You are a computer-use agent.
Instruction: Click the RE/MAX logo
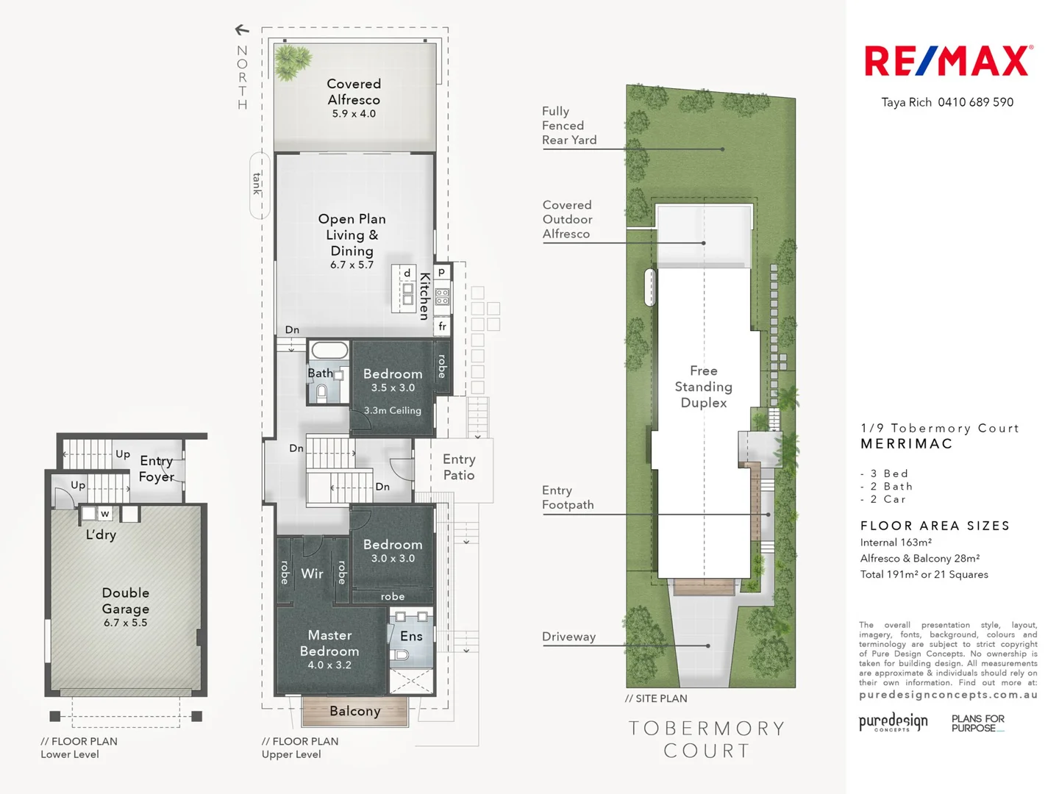948,62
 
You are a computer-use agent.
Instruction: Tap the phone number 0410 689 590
975,102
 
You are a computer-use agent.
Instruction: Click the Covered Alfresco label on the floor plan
354,92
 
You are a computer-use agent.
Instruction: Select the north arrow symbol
242,30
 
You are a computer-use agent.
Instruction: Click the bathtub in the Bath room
329,350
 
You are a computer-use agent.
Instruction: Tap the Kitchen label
424,296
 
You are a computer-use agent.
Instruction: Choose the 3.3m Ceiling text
393,410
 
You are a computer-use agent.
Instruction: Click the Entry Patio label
459,467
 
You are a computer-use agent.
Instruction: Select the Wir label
312,573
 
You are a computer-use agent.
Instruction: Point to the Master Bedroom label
329,643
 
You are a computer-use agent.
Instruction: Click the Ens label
411,636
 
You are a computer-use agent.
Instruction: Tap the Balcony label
355,711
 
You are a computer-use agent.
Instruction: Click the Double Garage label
126,601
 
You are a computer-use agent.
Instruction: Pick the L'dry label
101,534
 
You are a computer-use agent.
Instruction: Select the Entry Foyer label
157,468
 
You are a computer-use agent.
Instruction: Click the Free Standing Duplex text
704,387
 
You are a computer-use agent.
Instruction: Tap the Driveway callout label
568,637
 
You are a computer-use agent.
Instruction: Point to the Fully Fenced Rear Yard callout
569,126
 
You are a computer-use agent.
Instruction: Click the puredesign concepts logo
893,722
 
